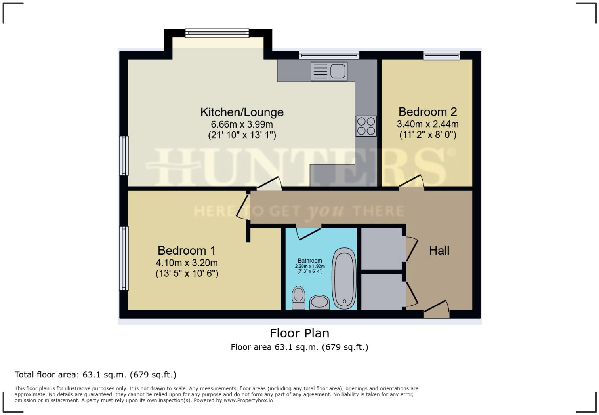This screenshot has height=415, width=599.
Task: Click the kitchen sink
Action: (329, 71)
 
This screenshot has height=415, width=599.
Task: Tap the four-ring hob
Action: (366, 126)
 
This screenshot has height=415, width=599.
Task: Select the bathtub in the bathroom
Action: (344, 278)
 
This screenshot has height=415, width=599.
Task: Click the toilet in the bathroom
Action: (298, 298)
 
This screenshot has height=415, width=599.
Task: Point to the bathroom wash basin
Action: (319, 303)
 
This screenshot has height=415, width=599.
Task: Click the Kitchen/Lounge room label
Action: (242, 112)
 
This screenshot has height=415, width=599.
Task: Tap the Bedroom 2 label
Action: (427, 112)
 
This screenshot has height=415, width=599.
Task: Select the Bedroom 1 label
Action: (186, 251)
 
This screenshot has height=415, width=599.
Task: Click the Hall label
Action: (439, 251)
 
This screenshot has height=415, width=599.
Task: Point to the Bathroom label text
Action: (310, 261)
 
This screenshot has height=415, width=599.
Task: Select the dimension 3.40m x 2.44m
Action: (427, 124)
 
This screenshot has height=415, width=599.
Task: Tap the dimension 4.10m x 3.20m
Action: (187, 263)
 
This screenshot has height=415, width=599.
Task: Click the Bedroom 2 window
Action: (441, 55)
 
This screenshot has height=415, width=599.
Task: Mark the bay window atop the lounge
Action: (217, 33)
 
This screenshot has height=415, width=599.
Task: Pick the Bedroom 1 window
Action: (124, 258)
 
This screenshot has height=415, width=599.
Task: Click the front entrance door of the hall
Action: (437, 310)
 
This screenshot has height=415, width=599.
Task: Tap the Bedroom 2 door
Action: (412, 183)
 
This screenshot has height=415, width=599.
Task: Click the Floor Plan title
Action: (299, 333)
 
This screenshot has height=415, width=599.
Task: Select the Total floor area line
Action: (95, 375)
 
